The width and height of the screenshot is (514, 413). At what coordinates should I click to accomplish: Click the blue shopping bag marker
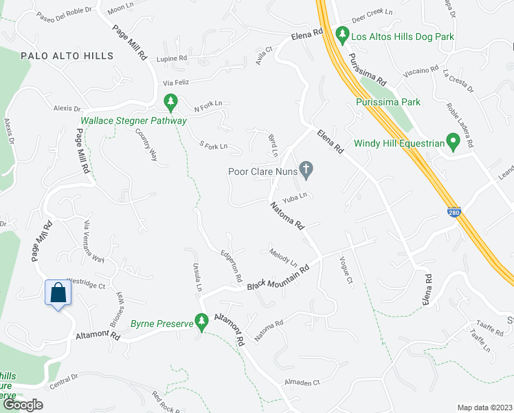click(x=58, y=293)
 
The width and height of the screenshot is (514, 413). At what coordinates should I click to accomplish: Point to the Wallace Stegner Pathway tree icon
click(x=170, y=104)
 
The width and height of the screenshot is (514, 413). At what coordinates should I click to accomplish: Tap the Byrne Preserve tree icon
click(x=201, y=320)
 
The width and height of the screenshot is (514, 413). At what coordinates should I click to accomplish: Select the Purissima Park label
click(x=388, y=103)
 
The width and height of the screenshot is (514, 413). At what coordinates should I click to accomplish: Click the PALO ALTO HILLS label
click(x=67, y=56)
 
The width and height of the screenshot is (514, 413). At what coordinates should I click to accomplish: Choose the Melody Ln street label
click(x=283, y=257)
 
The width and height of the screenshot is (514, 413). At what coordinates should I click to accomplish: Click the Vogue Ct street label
click(x=346, y=270)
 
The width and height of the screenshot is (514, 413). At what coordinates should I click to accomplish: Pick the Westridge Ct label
click(x=85, y=283)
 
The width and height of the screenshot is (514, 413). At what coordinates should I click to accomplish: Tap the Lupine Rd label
click(x=172, y=60)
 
